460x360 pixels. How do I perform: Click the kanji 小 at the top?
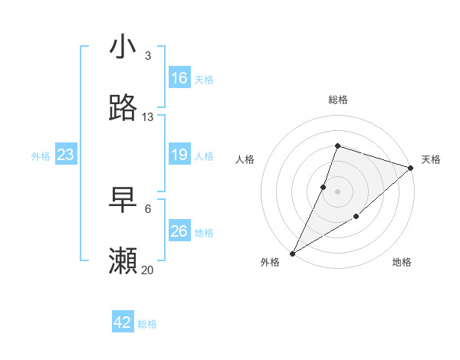point(123,47)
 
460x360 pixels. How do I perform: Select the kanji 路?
point(123,108)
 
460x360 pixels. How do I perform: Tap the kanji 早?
point(123,200)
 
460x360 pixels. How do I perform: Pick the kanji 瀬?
point(123,261)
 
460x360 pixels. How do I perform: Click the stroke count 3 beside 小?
point(148,56)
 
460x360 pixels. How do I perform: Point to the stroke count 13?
point(148,117)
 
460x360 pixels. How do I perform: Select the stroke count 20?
point(148,270)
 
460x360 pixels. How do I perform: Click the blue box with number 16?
point(179,78)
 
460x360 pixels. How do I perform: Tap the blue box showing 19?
point(179,155)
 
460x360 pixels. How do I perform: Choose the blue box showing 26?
point(179,231)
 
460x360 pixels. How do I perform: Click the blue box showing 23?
point(66,155)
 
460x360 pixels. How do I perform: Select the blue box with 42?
point(123,322)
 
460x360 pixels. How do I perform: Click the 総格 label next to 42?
point(147,324)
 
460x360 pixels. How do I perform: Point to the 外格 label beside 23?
point(41,156)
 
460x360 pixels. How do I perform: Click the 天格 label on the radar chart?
point(431,159)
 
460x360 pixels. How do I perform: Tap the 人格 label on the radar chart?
point(245,159)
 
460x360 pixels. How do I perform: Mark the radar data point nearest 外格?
point(292,253)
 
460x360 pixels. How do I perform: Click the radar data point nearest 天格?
point(411,168)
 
